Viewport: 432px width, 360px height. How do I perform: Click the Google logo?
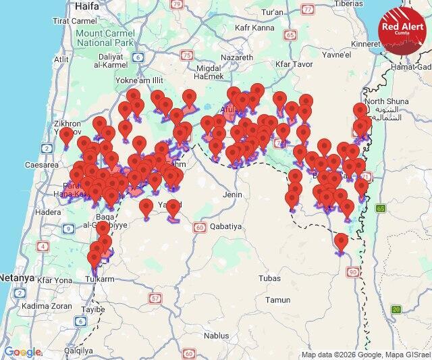point(22,352)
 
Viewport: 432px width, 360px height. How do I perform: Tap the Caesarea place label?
point(41,164)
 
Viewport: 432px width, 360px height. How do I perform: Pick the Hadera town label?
point(47,211)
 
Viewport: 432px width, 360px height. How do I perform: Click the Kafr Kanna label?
point(254,28)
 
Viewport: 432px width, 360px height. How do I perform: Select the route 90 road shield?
point(352,272)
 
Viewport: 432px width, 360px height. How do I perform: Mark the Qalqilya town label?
point(76,351)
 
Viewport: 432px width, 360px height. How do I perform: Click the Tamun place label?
point(277,299)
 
